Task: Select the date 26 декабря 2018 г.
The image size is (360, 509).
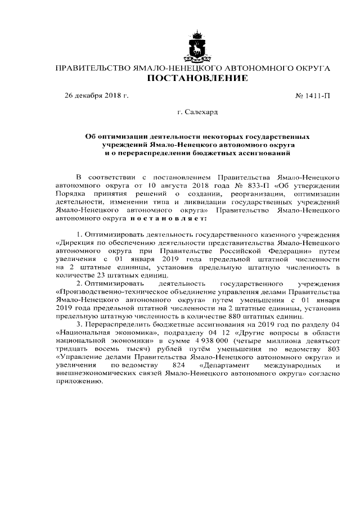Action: coord(97,96)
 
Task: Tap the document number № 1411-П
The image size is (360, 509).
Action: coord(312,96)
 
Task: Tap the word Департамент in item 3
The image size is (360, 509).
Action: coord(224,369)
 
